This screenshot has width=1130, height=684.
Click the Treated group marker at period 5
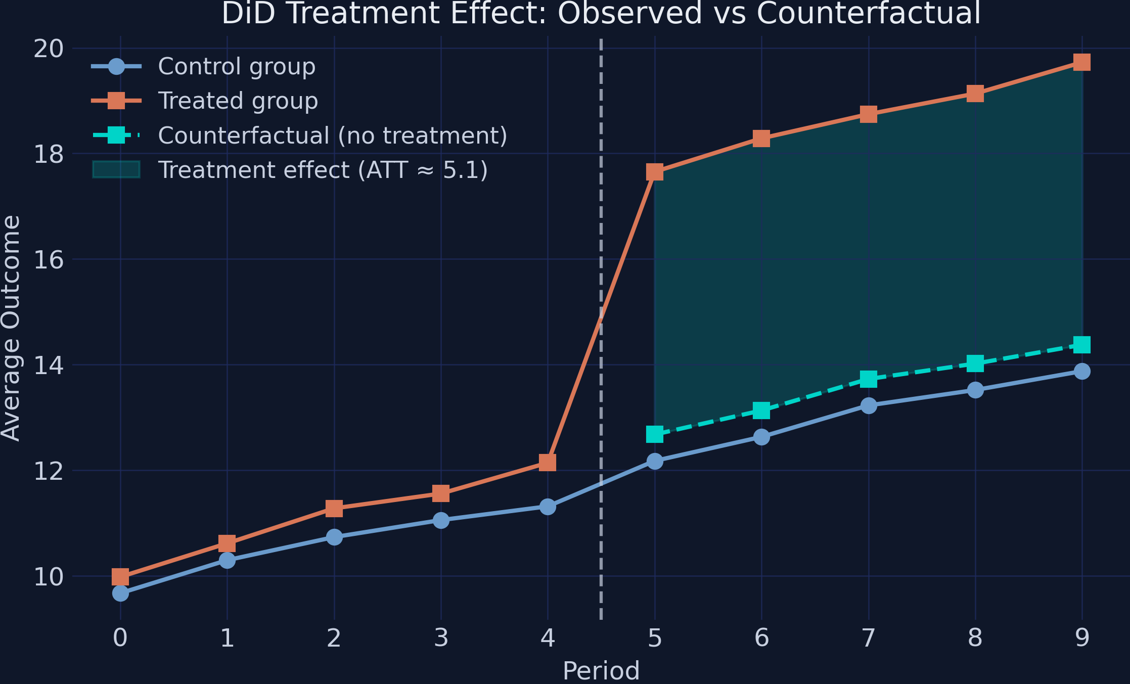tap(655, 172)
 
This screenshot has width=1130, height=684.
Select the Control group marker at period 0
tap(120, 593)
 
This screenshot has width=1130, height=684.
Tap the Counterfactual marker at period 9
tap(1082, 345)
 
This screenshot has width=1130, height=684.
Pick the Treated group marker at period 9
tap(1082, 62)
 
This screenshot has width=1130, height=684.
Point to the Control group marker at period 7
tap(869, 405)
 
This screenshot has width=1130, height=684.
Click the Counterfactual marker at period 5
tap(655, 434)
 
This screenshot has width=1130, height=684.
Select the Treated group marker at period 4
tap(548, 462)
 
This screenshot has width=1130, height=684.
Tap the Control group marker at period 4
tap(548, 507)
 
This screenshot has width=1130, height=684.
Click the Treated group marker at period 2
tap(334, 509)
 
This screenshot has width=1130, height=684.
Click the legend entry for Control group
tap(237, 66)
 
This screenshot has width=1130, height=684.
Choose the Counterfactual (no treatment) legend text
tap(333, 135)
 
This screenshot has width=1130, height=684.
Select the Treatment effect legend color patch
tap(116, 170)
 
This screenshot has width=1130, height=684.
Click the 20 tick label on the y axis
tap(49, 49)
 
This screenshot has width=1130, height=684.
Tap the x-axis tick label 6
tap(761, 638)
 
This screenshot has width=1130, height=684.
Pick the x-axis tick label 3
tap(441, 638)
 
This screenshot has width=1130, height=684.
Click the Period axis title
tap(601, 671)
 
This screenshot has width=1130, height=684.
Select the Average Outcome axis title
tap(11, 328)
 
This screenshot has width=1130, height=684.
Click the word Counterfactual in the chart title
tap(869, 13)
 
